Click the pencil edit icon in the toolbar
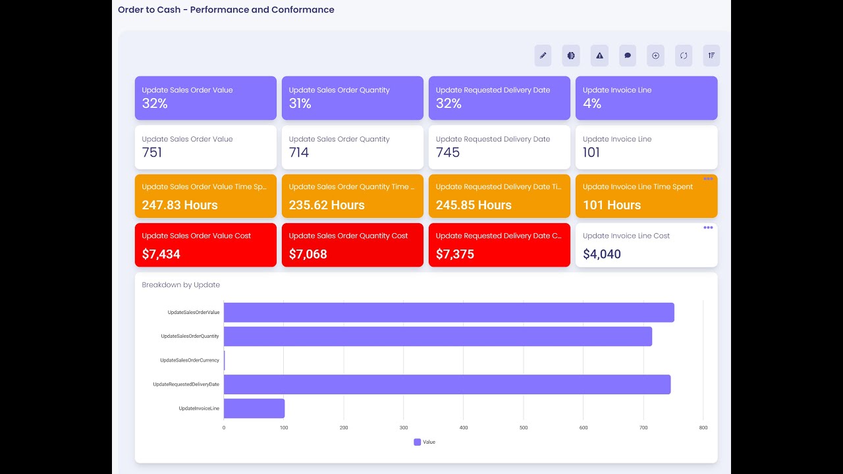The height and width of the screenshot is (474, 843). pos(543,56)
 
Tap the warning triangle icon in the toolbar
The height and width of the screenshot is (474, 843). pos(599,56)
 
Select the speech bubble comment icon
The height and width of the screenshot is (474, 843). pos(628,56)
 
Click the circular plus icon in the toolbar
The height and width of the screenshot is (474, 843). pos(655,56)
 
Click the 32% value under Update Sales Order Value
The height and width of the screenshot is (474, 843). pos(155,103)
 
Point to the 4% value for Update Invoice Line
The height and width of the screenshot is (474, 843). pos(592,103)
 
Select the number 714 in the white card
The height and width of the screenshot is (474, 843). pos(299,153)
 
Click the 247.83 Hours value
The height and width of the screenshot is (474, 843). pos(180,205)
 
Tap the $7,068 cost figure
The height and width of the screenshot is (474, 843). pos(308,254)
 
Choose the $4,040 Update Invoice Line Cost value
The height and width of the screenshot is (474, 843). pos(601,254)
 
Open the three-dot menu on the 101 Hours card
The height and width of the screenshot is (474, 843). pos(708,179)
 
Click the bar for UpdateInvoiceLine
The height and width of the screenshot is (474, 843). pos(254,408)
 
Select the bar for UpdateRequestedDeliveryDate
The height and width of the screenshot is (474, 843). pos(447,384)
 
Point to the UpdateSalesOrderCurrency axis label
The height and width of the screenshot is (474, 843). pos(190,361)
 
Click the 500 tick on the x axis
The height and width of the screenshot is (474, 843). pos(524,428)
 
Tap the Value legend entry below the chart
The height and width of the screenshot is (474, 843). pos(425,442)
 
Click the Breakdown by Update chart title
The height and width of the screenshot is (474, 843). pos(181,285)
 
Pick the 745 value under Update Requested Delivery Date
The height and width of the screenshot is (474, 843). pos(448,153)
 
